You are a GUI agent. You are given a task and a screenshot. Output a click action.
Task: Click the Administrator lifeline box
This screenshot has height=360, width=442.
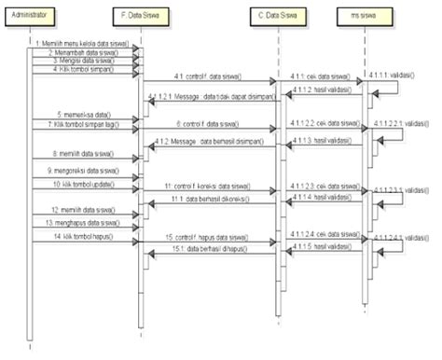click(30, 17)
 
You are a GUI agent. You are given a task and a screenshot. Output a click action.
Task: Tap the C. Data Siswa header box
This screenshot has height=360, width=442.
click(277, 17)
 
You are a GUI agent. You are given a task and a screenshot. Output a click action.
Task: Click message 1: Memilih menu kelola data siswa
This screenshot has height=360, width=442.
click(82, 45)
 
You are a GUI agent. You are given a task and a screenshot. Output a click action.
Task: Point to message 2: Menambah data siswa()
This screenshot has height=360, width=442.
click(82, 53)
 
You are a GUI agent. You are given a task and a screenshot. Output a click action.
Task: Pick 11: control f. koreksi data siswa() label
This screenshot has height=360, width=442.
click(207, 187)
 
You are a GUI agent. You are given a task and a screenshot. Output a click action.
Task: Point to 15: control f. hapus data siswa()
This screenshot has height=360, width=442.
click(207, 238)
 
